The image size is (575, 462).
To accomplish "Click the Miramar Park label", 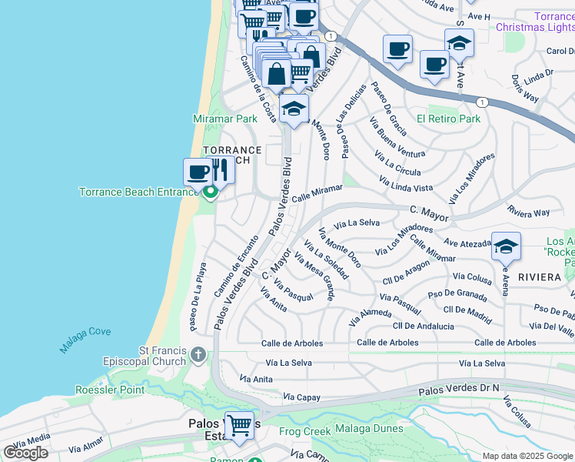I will (x=224, y=119).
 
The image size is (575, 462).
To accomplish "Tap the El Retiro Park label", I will (x=448, y=119).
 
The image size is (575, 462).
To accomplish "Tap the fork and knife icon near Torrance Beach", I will (x=221, y=169).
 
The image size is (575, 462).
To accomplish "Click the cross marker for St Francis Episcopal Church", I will (x=198, y=355).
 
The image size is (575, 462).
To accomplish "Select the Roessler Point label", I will (x=110, y=390).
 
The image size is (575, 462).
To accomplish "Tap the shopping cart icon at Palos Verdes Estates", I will (x=239, y=425).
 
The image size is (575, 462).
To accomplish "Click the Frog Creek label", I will (x=304, y=431).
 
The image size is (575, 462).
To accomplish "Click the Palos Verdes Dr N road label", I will (x=458, y=392).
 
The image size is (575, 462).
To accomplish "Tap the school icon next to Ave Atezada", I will (x=506, y=247).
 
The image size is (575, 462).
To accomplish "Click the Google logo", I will (x=25, y=453).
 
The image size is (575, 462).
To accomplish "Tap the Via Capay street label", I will (x=301, y=397).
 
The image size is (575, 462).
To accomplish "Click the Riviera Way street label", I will (x=528, y=212).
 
